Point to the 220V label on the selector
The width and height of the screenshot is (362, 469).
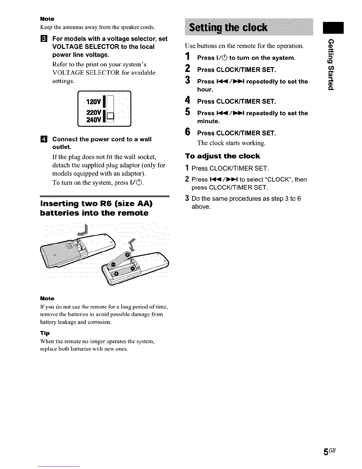(94, 113)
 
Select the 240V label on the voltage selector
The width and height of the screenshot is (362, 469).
(94, 119)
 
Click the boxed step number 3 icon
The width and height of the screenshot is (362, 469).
(43, 39)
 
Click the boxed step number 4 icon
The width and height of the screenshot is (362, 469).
(43, 139)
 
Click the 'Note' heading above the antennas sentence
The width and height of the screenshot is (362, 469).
(47, 19)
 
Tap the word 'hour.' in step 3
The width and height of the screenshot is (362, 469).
(205, 89)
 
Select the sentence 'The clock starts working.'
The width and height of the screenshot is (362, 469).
(231, 143)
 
